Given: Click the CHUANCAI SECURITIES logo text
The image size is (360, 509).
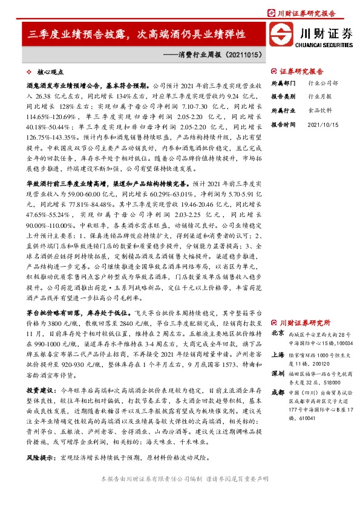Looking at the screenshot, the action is (324, 44).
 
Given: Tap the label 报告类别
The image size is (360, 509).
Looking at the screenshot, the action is (282, 96).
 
